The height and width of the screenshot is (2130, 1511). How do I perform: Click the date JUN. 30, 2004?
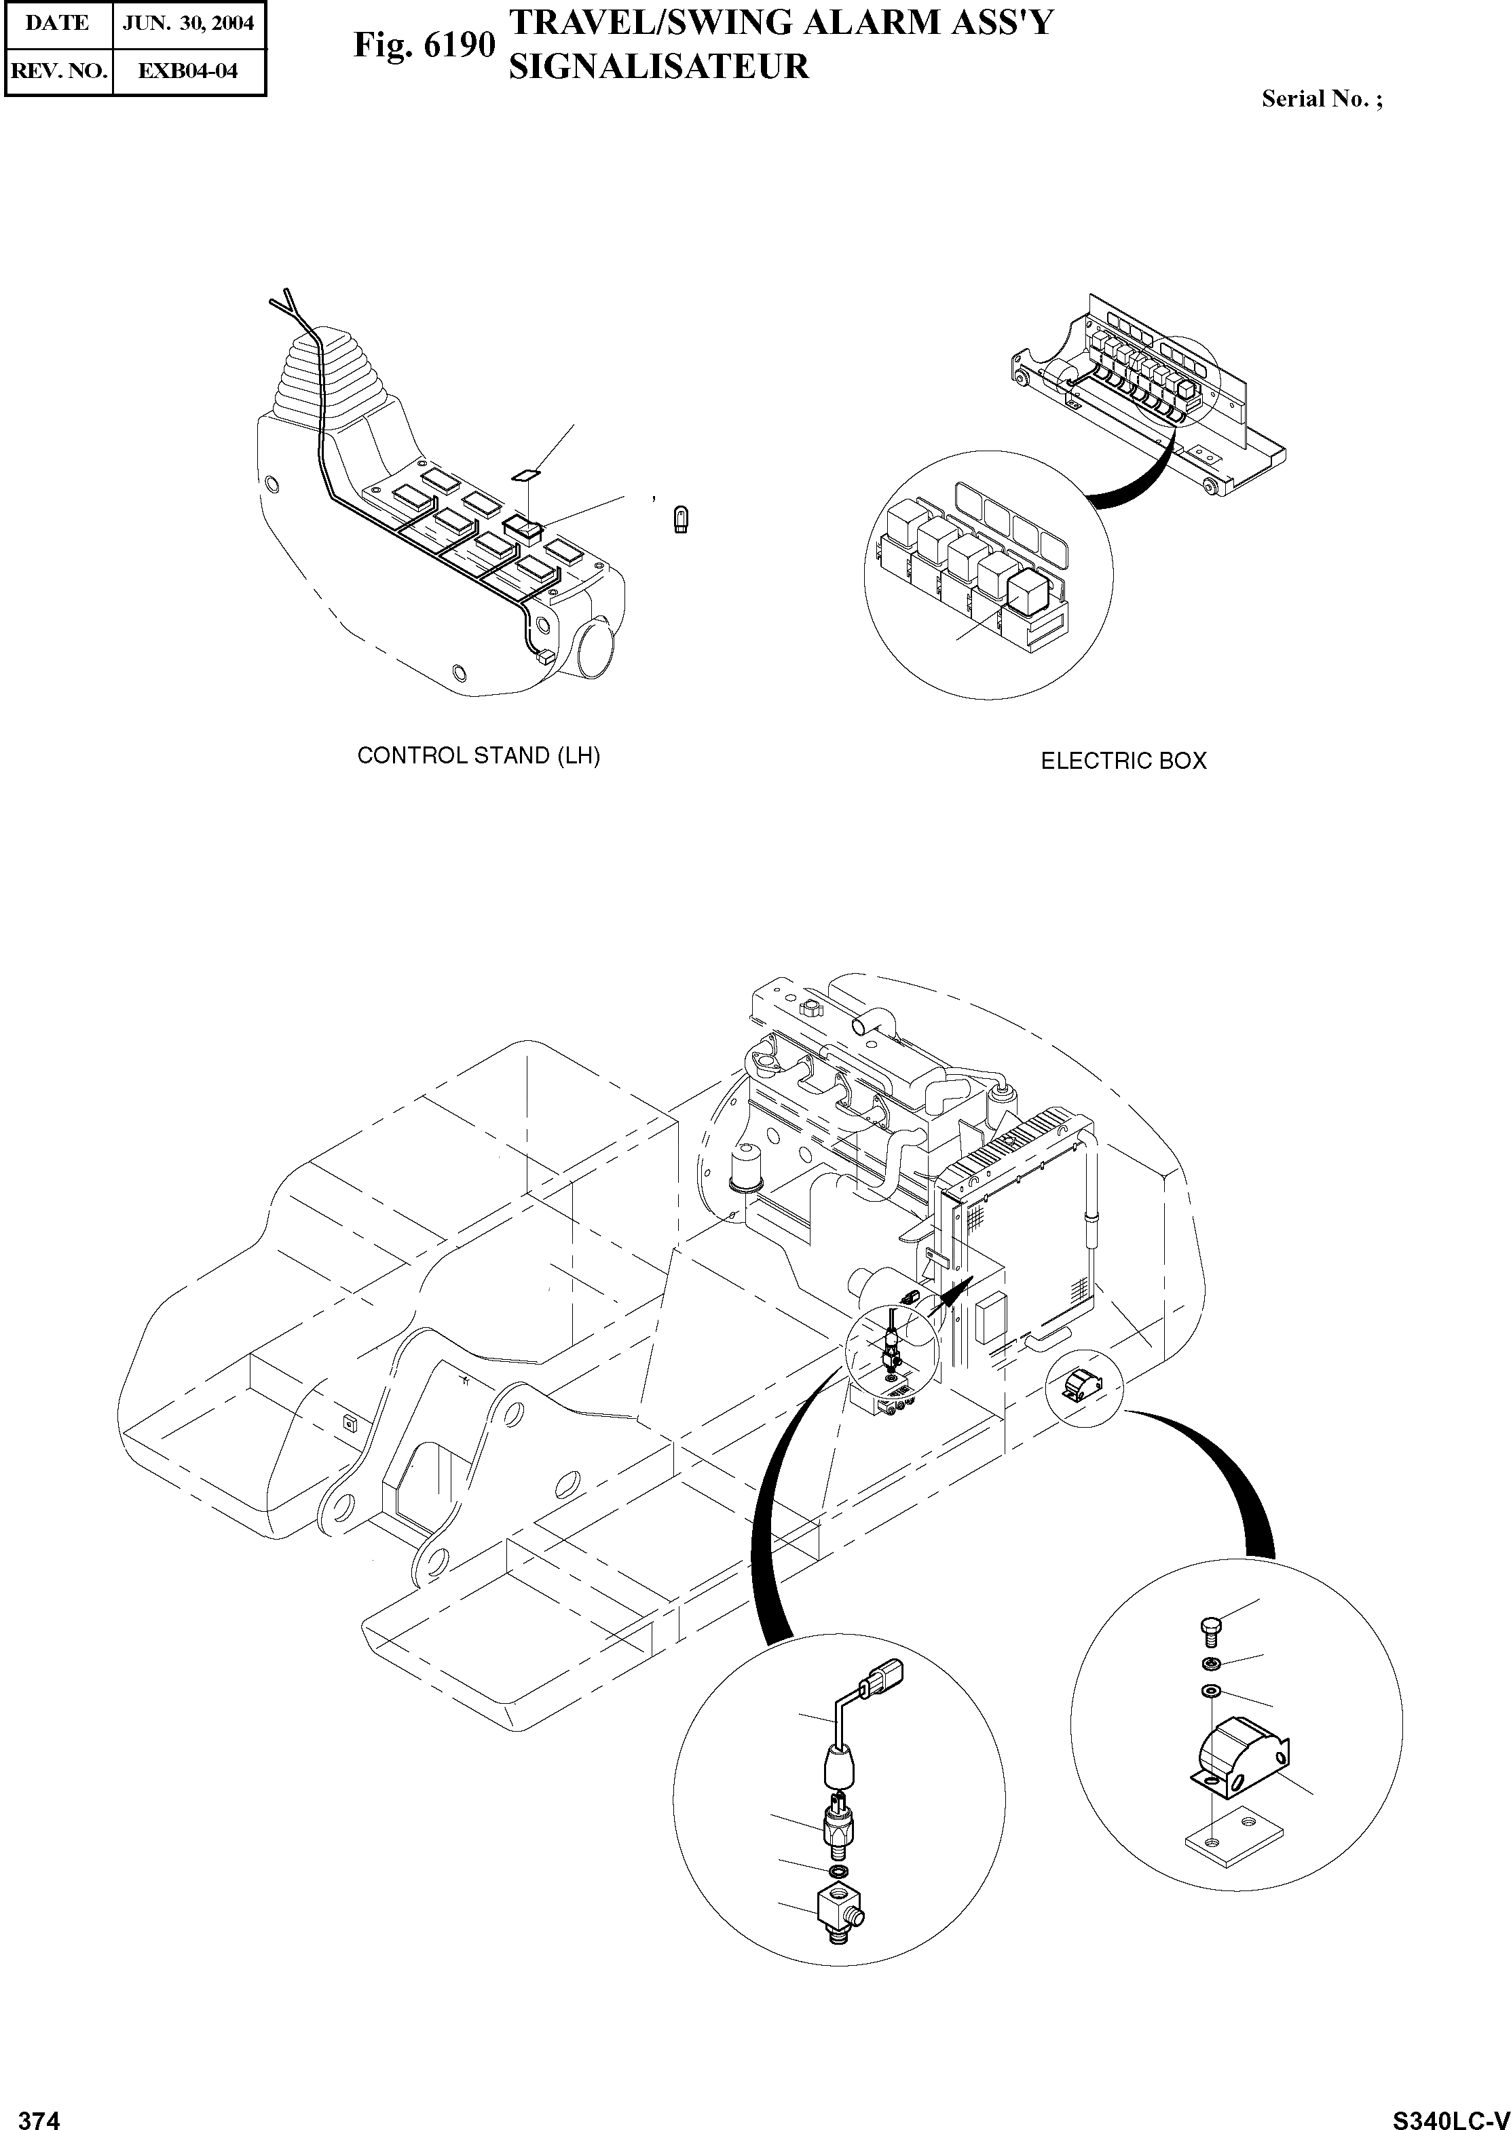click(x=189, y=23)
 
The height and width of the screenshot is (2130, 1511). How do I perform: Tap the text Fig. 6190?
click(x=424, y=45)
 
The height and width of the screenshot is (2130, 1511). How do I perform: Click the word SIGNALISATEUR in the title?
click(x=658, y=67)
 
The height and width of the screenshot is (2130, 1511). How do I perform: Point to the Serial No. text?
click(x=1321, y=100)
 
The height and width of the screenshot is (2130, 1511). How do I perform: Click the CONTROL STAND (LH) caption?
click(x=479, y=756)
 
